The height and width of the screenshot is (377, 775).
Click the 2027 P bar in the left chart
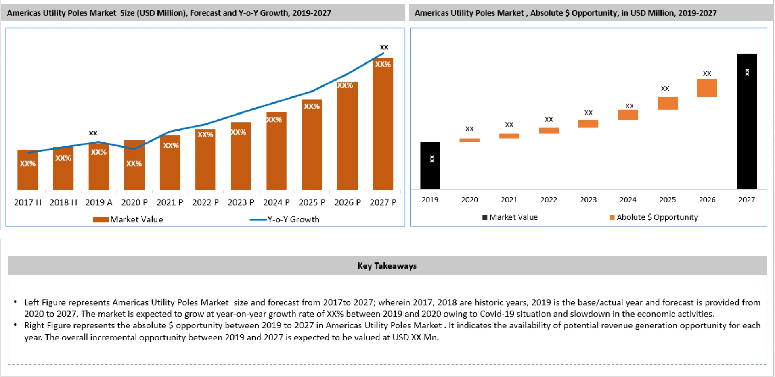pyautogui.click(x=383, y=129)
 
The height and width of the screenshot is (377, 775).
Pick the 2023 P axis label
pyautogui.click(x=241, y=202)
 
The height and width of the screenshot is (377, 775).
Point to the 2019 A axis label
pyautogui.click(x=98, y=202)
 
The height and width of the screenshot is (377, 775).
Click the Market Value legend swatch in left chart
pyautogui.click(x=101, y=219)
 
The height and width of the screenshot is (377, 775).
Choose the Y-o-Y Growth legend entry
pyautogui.click(x=293, y=219)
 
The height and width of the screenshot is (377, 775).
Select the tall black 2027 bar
pyautogui.click(x=746, y=121)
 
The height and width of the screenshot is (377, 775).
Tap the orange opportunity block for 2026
pyautogui.click(x=707, y=88)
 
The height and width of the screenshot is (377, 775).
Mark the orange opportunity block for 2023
pyautogui.click(x=588, y=124)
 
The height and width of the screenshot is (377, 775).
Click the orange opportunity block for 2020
pyautogui.click(x=469, y=140)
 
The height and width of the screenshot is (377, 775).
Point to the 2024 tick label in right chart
pyautogui.click(x=628, y=200)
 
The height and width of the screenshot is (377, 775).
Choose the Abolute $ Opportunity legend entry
pyautogui.click(x=657, y=217)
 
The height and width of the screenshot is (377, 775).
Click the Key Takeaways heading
pyautogui.click(x=387, y=266)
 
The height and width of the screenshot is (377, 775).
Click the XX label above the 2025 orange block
pyautogui.click(x=665, y=89)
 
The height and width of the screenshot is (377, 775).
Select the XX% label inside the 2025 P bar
pyautogui.click(x=312, y=106)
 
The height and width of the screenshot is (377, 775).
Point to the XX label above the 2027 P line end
pyautogui.click(x=384, y=47)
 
